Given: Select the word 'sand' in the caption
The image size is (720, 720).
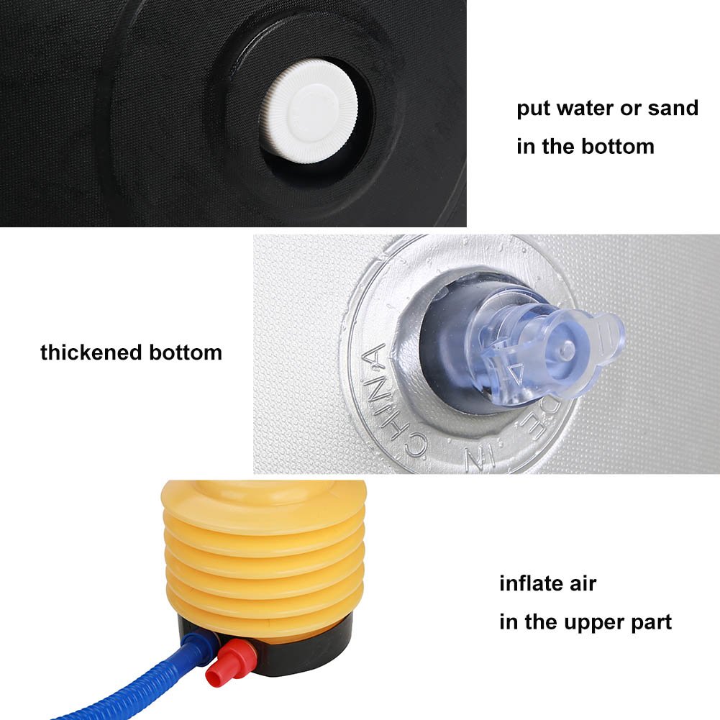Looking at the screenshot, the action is pyautogui.click(x=673, y=109).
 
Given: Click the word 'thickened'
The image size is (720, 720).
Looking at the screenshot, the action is pyautogui.click(x=91, y=352).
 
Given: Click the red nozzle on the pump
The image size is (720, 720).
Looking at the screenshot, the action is pyautogui.click(x=228, y=661).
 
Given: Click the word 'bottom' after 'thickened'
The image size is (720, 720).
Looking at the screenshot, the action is pyautogui.click(x=186, y=352).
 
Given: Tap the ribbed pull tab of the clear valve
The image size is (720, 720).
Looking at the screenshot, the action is pyautogui.click(x=606, y=335).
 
